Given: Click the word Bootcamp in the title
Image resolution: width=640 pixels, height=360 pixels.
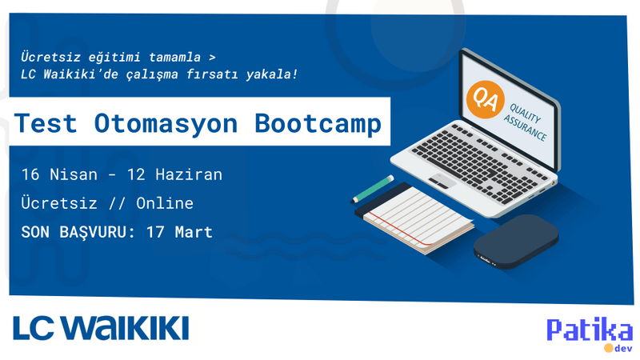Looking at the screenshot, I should [x=318, y=123].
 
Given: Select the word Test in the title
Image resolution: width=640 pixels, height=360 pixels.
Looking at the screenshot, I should [x=46, y=123].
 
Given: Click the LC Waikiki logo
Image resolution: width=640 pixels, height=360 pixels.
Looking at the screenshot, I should [x=101, y=327].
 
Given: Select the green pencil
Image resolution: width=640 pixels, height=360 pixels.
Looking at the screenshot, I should [x=373, y=188].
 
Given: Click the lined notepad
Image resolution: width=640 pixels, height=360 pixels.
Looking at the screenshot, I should [x=418, y=216].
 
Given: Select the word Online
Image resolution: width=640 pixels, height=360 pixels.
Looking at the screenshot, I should [x=165, y=203].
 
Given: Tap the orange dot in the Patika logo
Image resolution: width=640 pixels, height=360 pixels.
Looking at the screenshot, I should [x=608, y=348].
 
